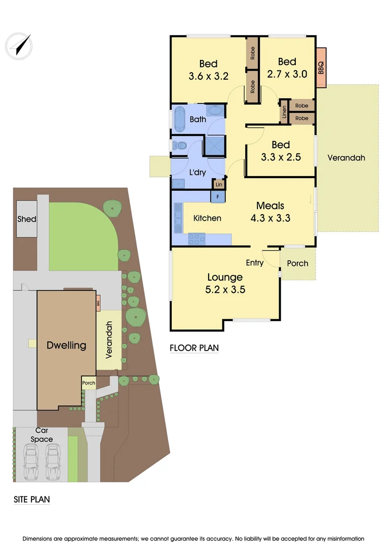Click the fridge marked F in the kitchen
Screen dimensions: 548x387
pyautogui.click(x=218, y=196)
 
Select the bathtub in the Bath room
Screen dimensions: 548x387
pyautogui.click(x=180, y=120)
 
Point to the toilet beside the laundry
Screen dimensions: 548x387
pyautogui.click(x=178, y=146)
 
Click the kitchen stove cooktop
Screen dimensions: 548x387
pyautogui.click(x=197, y=238)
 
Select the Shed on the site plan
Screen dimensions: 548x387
pyautogui.click(x=27, y=219)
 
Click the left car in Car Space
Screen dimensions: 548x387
pyautogui.click(x=31, y=462)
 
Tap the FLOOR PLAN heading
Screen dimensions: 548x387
pyautogui.click(x=194, y=348)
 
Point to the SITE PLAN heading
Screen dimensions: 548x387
pyautogui.click(x=31, y=499)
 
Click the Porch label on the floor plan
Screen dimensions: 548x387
pyautogui.click(x=297, y=263)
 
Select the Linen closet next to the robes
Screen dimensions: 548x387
pyautogui.click(x=284, y=111)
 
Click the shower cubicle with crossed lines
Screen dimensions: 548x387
pyautogui.click(x=214, y=145)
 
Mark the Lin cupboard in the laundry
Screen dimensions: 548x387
pyautogui.click(x=219, y=184)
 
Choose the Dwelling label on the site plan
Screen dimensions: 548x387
pyautogui.click(x=66, y=346)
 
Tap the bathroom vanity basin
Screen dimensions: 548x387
pyautogui.click(x=215, y=111)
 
